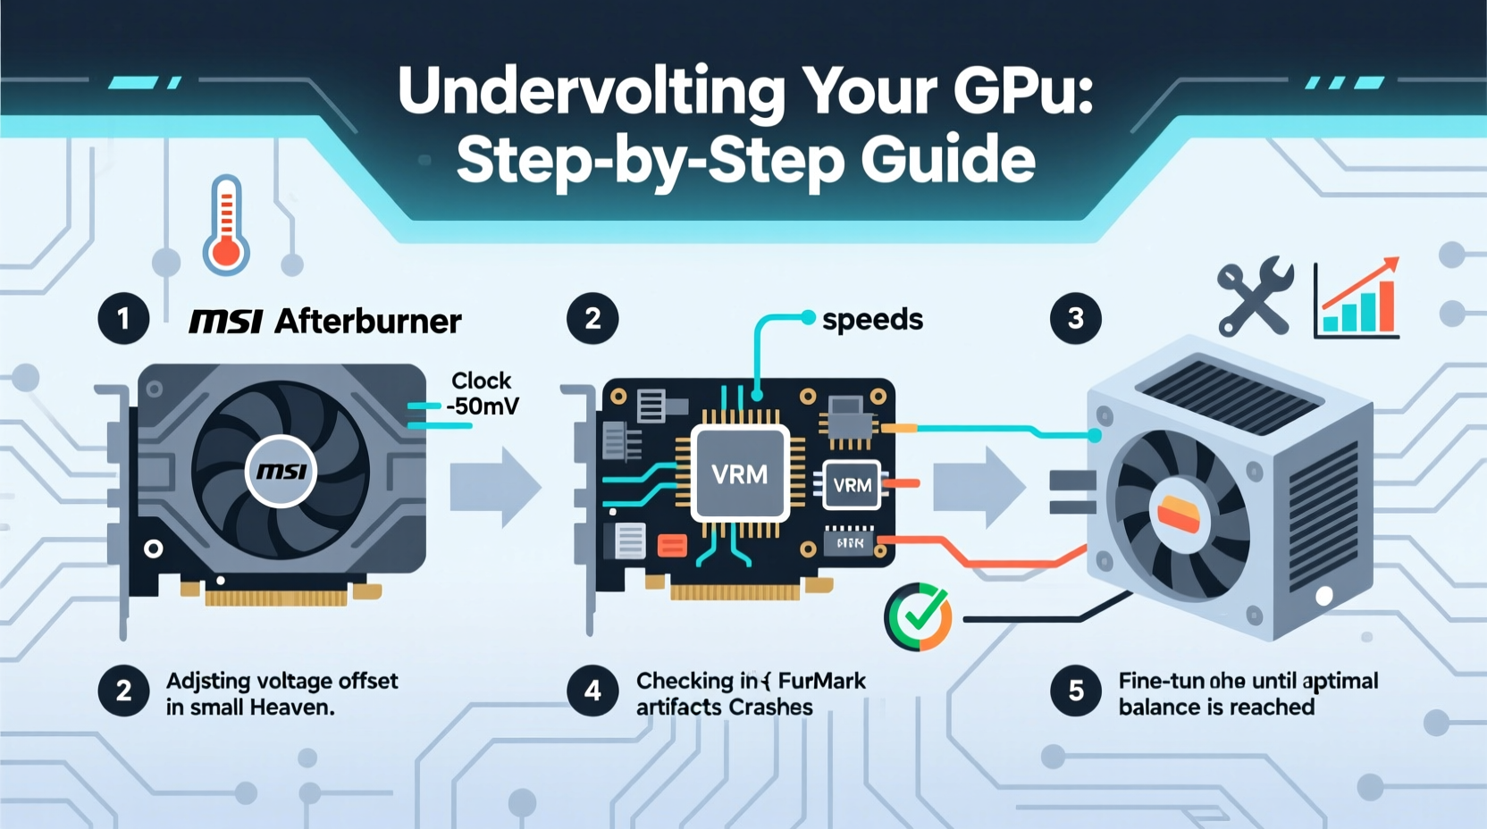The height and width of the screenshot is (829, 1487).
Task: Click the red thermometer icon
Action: [226, 226]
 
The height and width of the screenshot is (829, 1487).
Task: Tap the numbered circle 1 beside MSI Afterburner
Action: [123, 319]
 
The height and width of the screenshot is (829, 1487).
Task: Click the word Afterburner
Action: [367, 321]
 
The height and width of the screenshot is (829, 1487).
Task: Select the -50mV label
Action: [483, 406]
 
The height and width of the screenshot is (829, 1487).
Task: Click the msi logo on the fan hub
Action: [281, 471]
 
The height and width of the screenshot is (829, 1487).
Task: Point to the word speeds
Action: [872, 320]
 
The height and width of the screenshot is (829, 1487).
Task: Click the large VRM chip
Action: [739, 474]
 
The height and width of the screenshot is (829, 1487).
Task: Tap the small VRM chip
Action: [852, 485]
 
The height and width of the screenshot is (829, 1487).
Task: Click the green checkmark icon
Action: [919, 615]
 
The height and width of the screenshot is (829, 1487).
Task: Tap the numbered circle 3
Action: [1076, 319]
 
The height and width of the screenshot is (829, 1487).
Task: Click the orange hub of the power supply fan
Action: [1179, 514]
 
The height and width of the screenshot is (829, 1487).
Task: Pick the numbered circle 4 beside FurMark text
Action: [592, 691]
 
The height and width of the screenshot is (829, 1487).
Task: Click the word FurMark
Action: [821, 681]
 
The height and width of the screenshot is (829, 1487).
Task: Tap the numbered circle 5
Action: [1076, 691]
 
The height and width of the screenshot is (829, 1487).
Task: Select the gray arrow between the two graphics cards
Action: [496, 487]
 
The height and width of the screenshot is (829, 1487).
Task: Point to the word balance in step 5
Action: [1158, 708]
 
